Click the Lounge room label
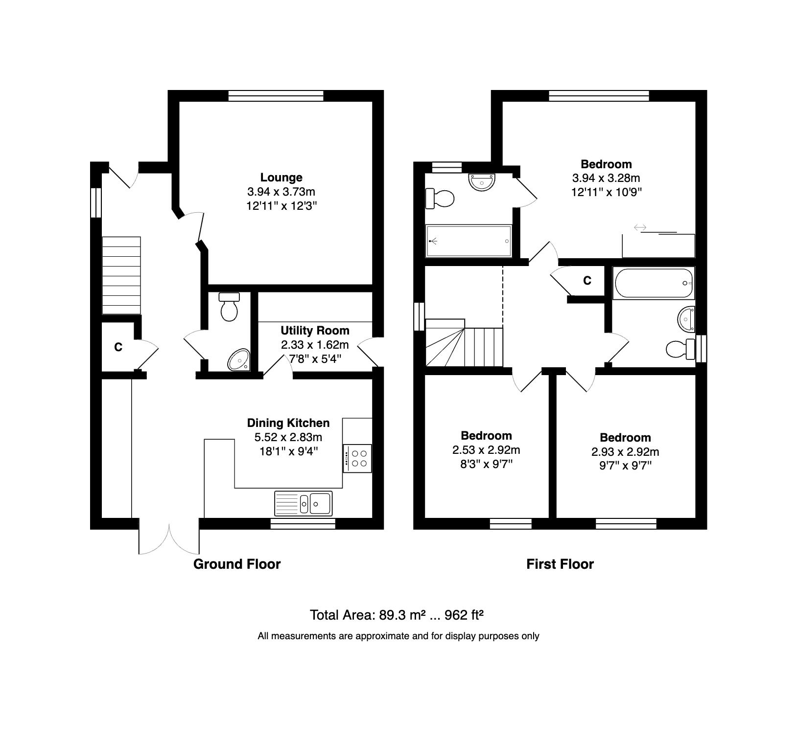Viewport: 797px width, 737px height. click(281, 178)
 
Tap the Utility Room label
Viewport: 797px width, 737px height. click(315, 331)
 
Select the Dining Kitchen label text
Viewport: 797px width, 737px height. click(288, 423)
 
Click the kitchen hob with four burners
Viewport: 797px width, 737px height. click(357, 458)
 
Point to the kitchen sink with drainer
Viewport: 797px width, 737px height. click(304, 503)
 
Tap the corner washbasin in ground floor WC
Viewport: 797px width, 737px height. click(239, 360)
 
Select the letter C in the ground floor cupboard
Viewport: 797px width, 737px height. click(118, 347)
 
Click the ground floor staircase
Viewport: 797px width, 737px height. click(121, 275)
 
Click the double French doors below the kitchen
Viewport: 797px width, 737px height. click(169, 539)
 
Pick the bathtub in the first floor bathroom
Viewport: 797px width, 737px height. click(653, 283)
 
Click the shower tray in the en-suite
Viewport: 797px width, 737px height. click(469, 241)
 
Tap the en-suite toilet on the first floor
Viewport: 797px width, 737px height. click(440, 199)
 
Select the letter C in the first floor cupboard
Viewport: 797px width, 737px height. click(587, 281)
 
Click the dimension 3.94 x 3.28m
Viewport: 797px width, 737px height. click(606, 178)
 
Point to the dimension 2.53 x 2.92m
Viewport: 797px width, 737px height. click(486, 450)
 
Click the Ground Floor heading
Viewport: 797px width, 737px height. click(237, 564)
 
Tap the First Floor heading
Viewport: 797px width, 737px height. click(560, 564)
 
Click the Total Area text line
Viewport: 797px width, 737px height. click(397, 615)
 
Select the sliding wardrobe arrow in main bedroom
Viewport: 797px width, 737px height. click(640, 227)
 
